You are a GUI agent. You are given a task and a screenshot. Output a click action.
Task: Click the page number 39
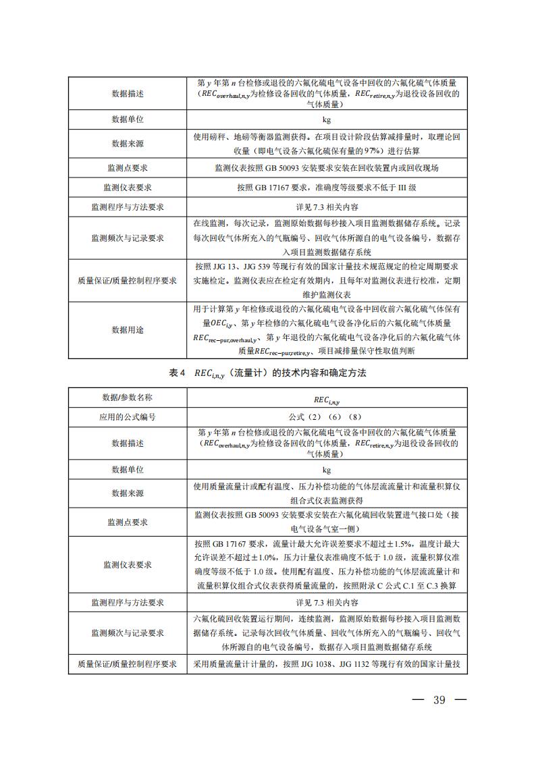coord(439,699)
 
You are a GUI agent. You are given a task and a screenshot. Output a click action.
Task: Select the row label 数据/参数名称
coord(128,398)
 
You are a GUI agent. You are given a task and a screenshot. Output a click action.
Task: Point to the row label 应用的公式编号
coord(128,417)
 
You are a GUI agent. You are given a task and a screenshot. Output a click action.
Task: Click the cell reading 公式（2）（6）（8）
coord(327,417)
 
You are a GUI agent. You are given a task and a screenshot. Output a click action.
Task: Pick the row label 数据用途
coord(128,330)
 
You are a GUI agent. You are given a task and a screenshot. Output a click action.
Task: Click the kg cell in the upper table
coord(327,119)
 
